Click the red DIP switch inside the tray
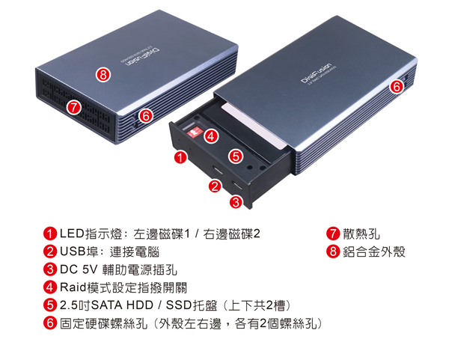point(195,132)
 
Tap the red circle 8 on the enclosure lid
point(103,75)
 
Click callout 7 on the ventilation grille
point(74,107)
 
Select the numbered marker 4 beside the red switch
point(211,136)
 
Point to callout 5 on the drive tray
point(236,156)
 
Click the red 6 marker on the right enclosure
point(397,86)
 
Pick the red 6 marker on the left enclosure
point(146,116)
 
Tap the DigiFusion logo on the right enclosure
point(316,73)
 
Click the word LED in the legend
point(72,234)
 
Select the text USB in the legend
point(73,251)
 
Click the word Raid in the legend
point(73,287)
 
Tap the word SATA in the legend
point(108,305)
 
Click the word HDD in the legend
point(140,305)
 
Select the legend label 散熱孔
point(361,234)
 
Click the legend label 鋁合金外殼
point(374,251)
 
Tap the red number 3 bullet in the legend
point(50,269)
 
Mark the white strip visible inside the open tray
point(254,126)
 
